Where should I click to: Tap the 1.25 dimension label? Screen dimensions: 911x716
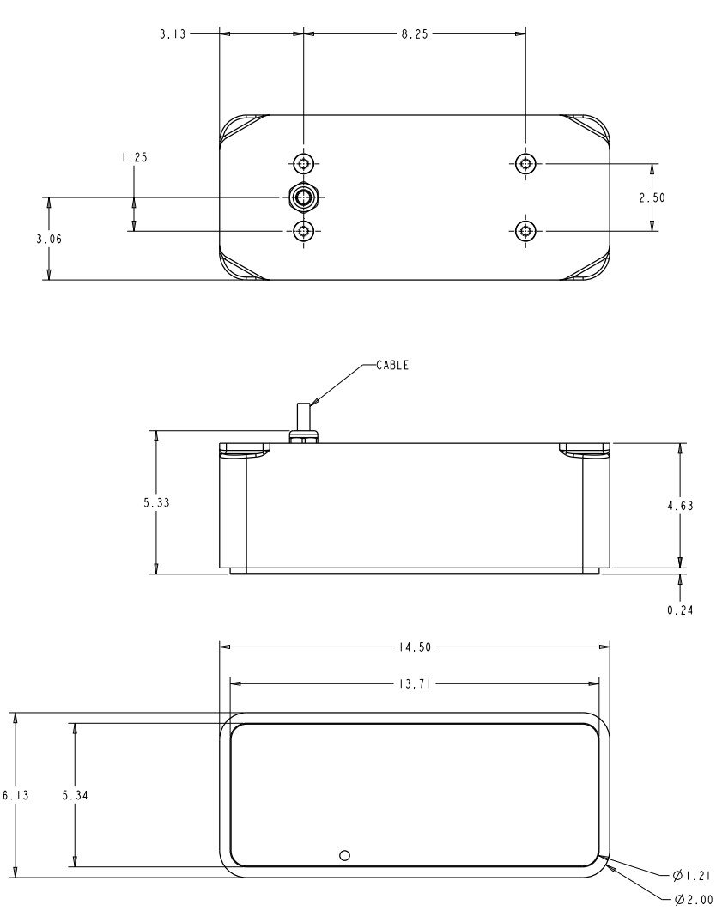133,157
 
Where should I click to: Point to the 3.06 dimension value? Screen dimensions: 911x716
49,240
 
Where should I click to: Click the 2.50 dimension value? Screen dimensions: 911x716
652,197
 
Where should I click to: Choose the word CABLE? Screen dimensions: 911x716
392,365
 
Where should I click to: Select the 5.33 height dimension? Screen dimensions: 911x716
156,502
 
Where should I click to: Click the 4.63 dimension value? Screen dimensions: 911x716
680,506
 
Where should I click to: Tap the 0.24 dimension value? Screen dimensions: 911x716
680,610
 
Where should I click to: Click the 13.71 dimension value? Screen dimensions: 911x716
416,683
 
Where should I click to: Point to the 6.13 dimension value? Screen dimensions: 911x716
15,795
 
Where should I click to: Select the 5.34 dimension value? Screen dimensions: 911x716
76,795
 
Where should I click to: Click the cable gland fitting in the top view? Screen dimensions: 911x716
302,197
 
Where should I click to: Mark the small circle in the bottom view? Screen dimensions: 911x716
345,854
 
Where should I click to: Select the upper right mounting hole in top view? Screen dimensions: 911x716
525,162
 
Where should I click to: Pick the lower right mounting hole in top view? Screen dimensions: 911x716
525,230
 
